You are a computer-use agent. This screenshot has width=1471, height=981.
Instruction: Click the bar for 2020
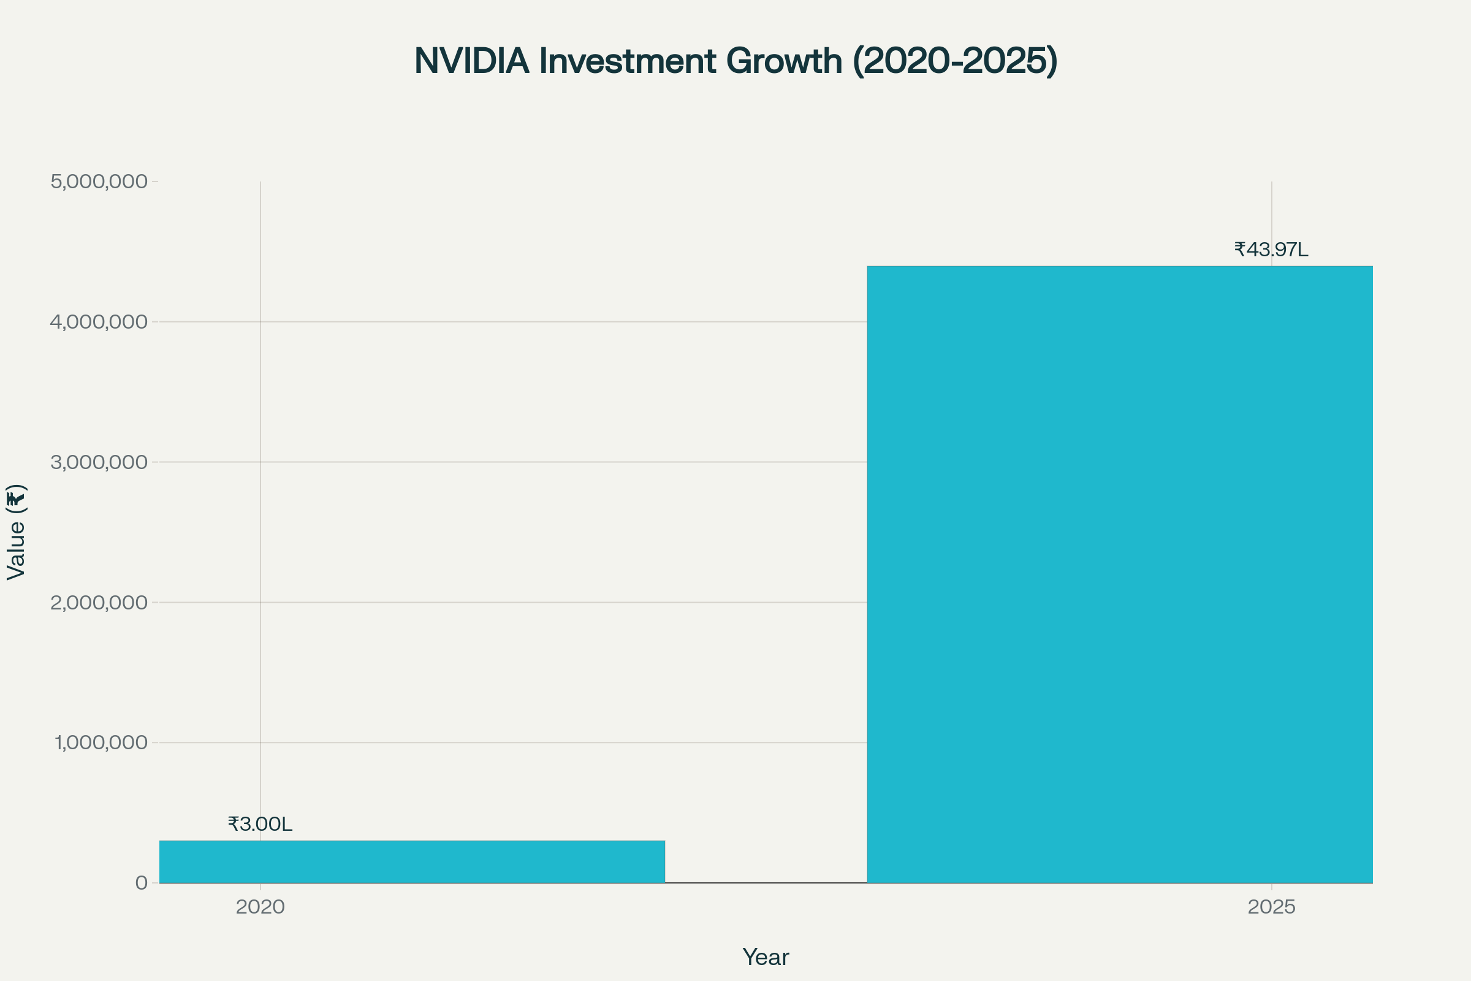412,861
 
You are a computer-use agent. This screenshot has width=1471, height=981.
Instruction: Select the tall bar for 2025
1120,574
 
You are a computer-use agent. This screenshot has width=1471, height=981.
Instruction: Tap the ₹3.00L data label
260,824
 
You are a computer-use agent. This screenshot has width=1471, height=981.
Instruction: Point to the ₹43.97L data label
1271,250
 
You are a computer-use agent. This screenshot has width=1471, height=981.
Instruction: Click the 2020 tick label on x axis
260,907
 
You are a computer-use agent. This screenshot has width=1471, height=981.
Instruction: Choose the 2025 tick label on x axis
1271,907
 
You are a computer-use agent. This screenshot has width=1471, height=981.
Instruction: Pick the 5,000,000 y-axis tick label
99,181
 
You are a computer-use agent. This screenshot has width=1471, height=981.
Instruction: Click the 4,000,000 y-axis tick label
99,321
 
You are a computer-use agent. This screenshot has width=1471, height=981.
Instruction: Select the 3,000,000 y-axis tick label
99,462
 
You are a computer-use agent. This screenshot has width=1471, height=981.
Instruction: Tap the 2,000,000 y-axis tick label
99,603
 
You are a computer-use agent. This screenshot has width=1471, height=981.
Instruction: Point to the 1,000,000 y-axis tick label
101,742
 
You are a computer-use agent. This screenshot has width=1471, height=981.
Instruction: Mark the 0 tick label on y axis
142,883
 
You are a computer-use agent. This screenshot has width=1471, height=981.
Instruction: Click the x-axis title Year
766,957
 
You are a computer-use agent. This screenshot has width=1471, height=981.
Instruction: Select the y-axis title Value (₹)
16,532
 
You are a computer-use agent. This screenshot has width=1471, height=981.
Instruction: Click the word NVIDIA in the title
471,61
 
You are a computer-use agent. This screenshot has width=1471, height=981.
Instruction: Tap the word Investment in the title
627,61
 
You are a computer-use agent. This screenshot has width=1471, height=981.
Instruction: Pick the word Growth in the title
784,61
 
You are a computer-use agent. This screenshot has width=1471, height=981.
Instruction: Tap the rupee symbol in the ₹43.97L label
1239,250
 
